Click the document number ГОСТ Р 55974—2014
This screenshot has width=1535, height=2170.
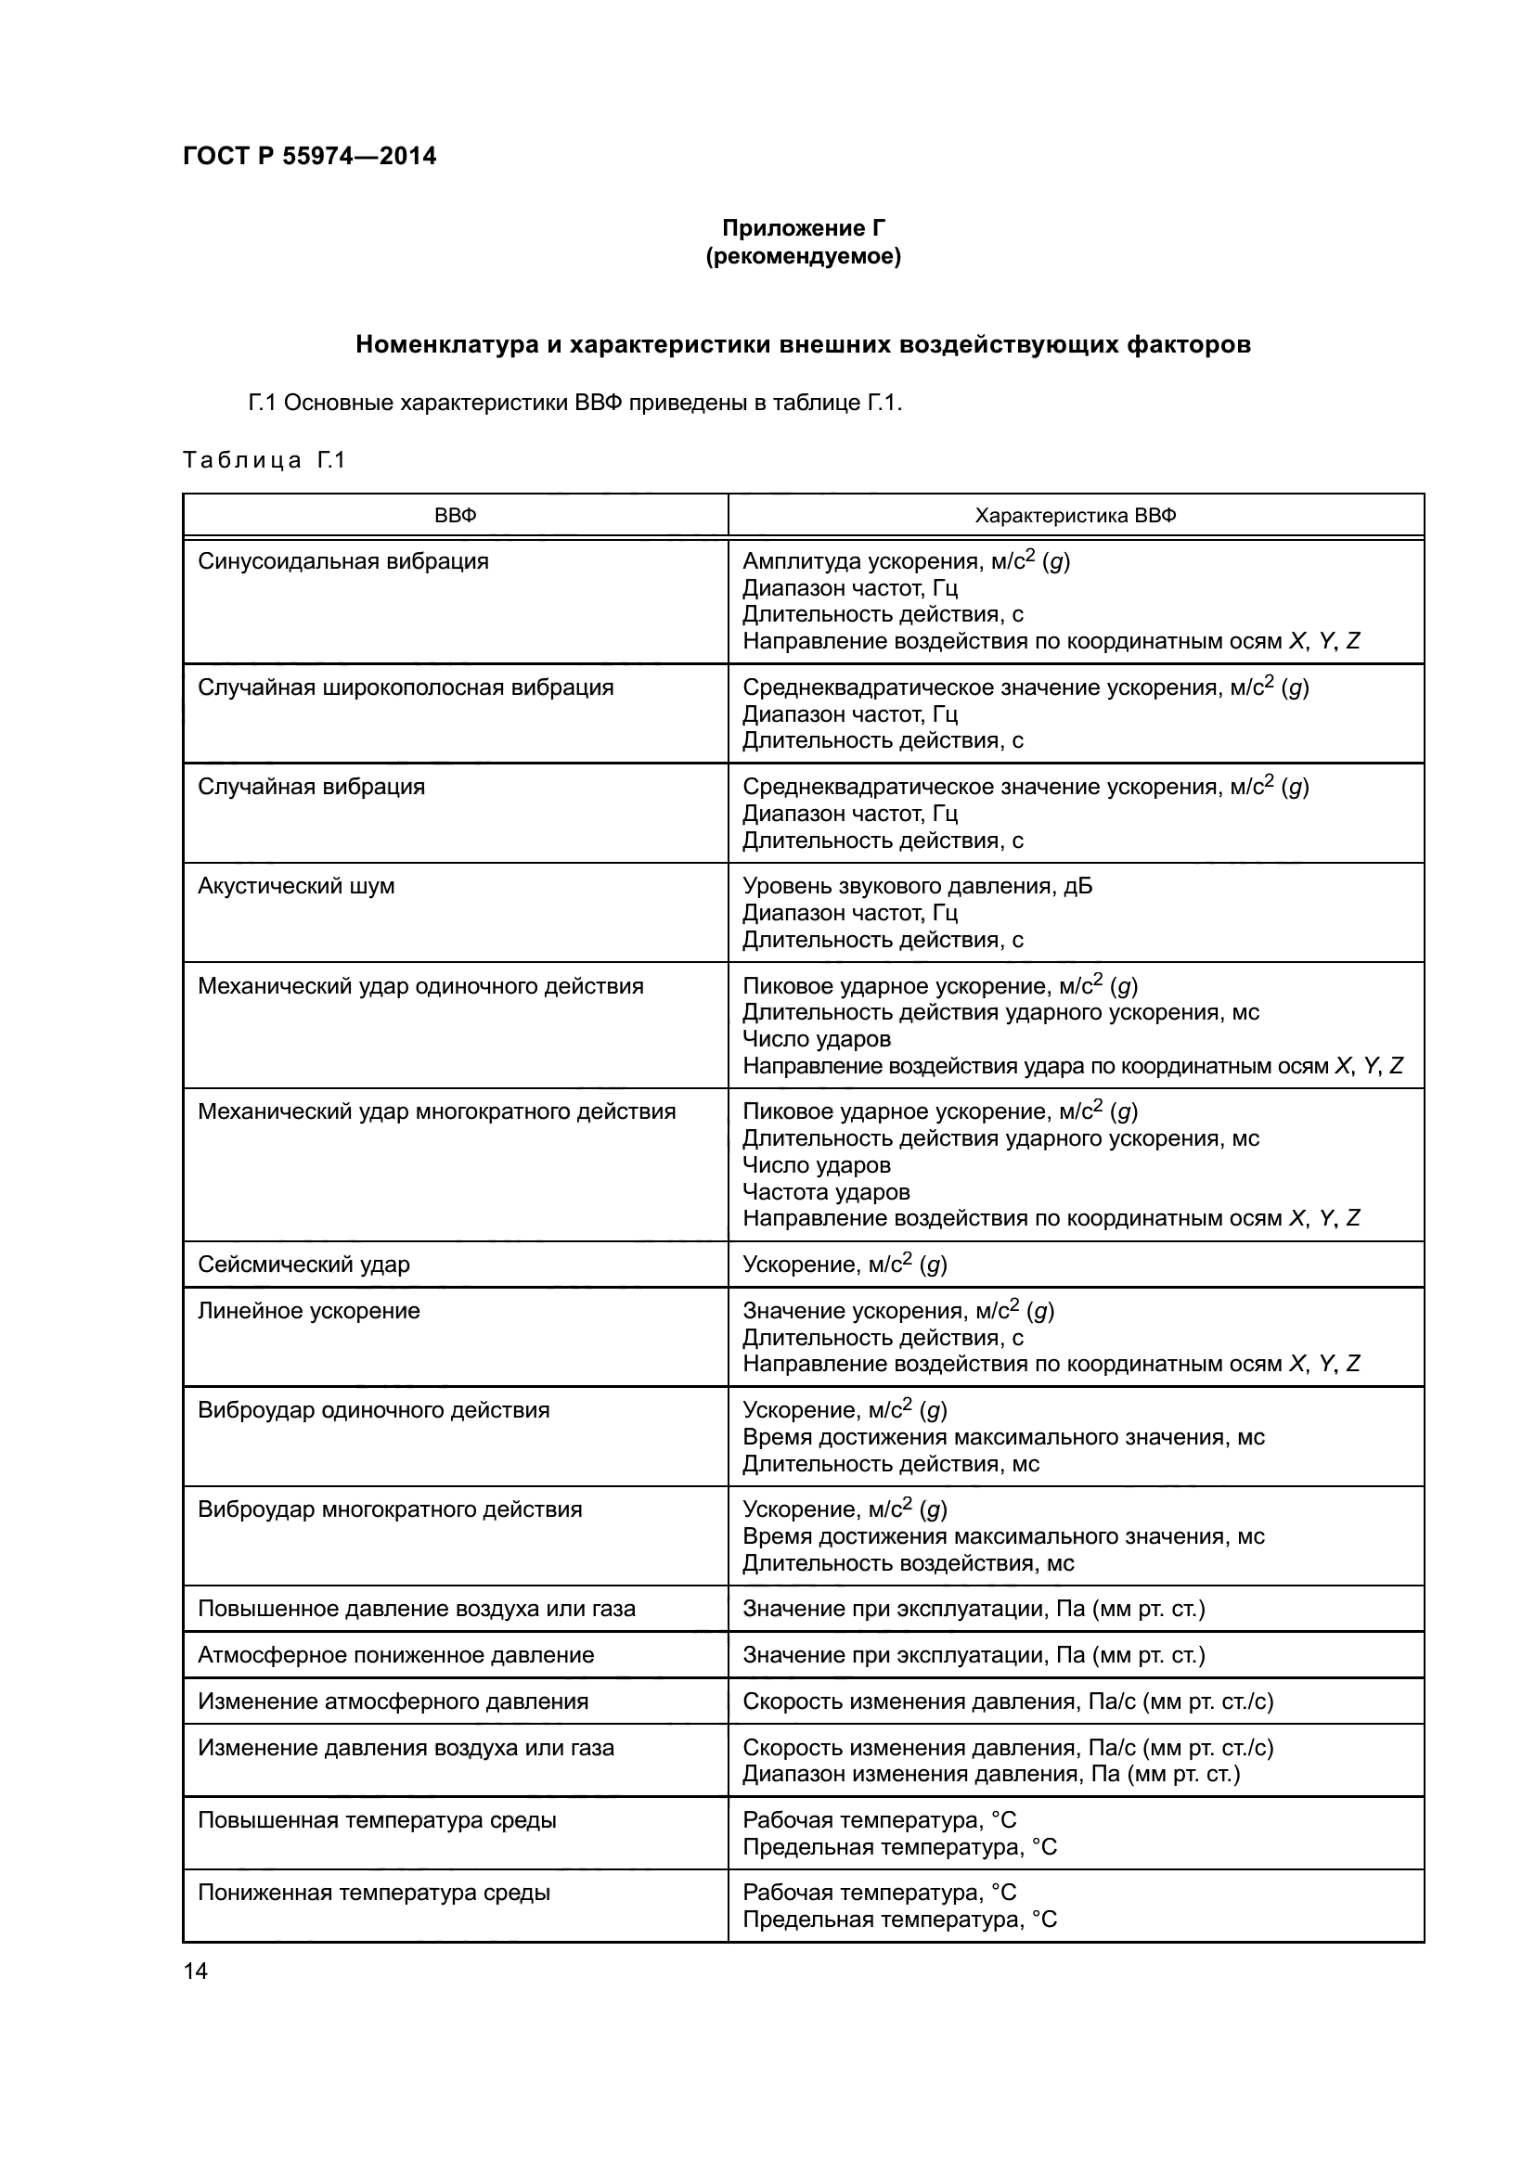tap(309, 156)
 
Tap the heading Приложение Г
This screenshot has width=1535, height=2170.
tap(804, 228)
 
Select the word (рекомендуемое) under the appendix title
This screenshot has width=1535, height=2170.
tap(804, 256)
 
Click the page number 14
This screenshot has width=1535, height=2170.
tap(195, 1971)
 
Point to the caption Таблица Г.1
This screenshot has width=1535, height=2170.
tap(264, 460)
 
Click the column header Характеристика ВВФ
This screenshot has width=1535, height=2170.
tap(1075, 516)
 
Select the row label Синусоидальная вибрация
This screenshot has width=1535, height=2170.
tap(343, 561)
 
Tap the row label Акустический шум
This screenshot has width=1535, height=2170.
tap(296, 886)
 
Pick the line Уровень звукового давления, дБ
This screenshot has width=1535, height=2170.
tap(917, 886)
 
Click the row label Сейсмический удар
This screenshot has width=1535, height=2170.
tap(303, 1265)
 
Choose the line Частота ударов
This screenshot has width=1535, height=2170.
tap(826, 1192)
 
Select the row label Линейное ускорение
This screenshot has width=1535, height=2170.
tap(308, 1311)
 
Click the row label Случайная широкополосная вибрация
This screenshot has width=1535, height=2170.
tap(406, 687)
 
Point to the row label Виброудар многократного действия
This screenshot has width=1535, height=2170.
tap(390, 1509)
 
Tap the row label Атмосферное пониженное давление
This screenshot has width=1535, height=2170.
tap(395, 1655)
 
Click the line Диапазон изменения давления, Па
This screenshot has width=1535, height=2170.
tap(990, 1774)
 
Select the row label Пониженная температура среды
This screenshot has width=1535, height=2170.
tap(373, 1892)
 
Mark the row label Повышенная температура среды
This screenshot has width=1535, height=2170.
tap(376, 1819)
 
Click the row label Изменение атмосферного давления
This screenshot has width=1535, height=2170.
tap(393, 1701)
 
